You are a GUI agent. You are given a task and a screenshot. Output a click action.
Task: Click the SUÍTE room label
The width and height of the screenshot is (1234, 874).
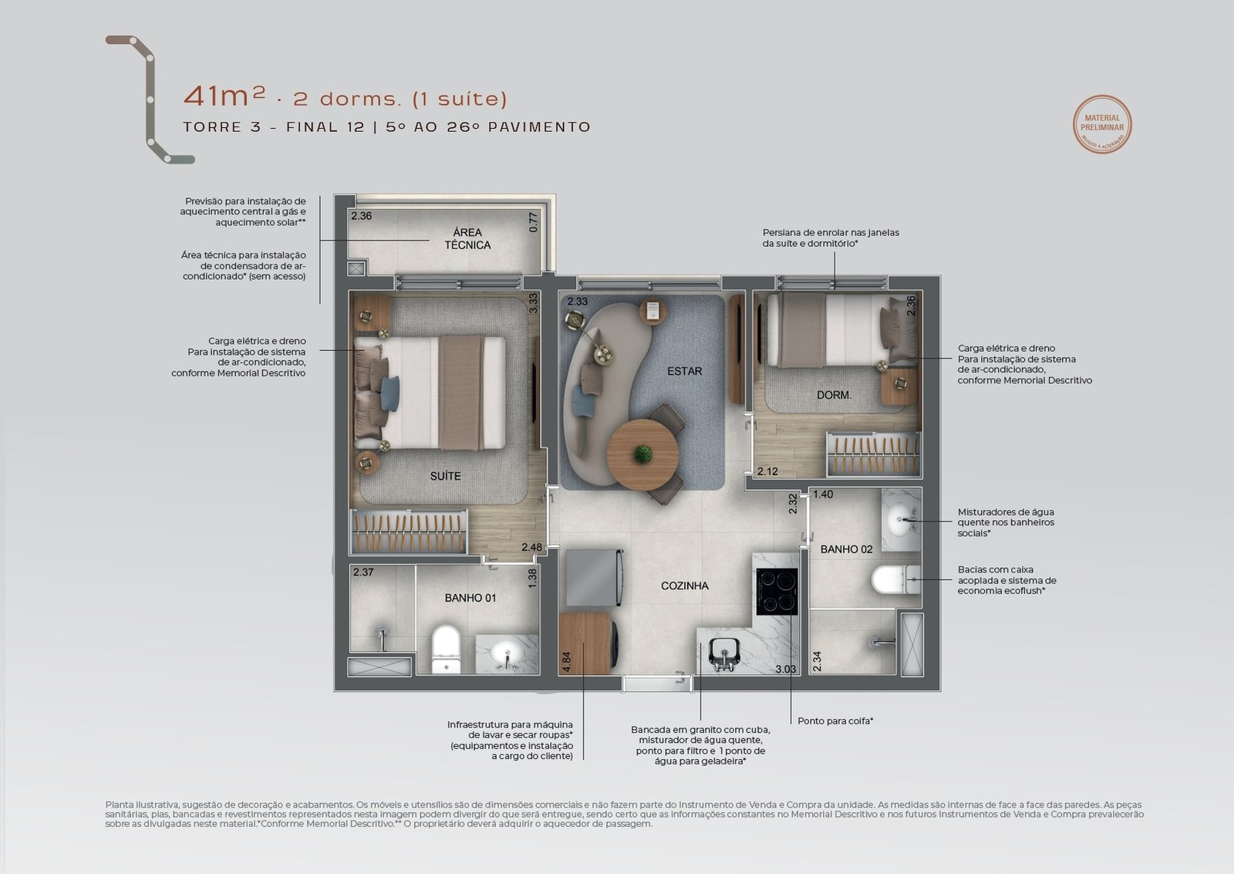[445, 476]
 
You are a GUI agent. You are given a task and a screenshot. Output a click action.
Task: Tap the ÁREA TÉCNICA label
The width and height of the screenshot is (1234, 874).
[467, 238]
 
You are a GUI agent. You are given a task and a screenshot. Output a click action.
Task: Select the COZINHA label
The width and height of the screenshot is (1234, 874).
[685, 585]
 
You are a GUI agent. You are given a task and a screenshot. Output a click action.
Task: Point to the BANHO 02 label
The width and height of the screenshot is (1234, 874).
[846, 549]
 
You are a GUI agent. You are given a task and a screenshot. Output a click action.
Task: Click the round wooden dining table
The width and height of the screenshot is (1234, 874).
[643, 454]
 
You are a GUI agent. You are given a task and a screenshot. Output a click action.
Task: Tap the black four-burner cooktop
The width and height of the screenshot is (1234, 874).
[777, 592]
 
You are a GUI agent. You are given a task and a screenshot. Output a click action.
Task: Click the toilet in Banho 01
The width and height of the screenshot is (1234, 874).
[446, 650]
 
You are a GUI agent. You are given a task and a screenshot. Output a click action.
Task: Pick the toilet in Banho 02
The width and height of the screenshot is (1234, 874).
[895, 580]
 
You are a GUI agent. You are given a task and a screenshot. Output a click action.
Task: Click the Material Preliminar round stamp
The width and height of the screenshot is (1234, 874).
[1102, 124]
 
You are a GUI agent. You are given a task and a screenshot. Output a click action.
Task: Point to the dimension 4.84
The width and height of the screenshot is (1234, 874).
[566, 662]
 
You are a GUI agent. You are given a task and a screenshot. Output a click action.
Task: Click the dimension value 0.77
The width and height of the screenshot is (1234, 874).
[533, 222]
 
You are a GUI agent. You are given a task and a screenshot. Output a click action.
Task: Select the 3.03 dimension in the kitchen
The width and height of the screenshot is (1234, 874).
[786, 669]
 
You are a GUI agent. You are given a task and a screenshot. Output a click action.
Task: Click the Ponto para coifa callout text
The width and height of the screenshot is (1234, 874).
[835, 720]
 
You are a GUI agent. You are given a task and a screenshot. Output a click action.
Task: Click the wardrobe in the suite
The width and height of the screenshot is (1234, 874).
[408, 531]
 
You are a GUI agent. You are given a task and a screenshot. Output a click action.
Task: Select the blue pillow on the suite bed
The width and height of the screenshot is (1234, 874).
[389, 393]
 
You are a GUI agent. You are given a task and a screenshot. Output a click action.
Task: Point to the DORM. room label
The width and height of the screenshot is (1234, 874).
[834, 395]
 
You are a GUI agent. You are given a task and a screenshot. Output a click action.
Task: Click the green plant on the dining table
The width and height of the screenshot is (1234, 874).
[642, 454]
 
